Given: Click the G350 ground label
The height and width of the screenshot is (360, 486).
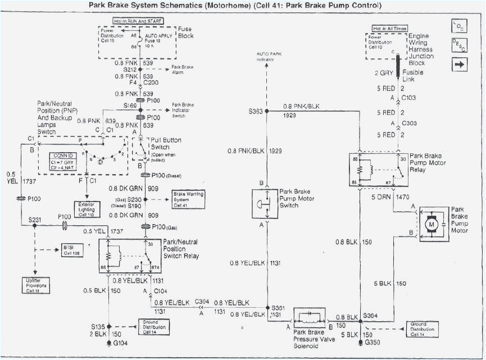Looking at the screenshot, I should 372,342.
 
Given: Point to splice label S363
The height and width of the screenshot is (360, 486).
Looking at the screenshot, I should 255,111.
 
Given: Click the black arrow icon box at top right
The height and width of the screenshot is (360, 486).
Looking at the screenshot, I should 458,65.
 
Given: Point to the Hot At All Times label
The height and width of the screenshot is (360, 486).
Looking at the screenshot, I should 389,28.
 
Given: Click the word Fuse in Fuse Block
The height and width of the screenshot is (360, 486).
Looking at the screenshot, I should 185,28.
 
